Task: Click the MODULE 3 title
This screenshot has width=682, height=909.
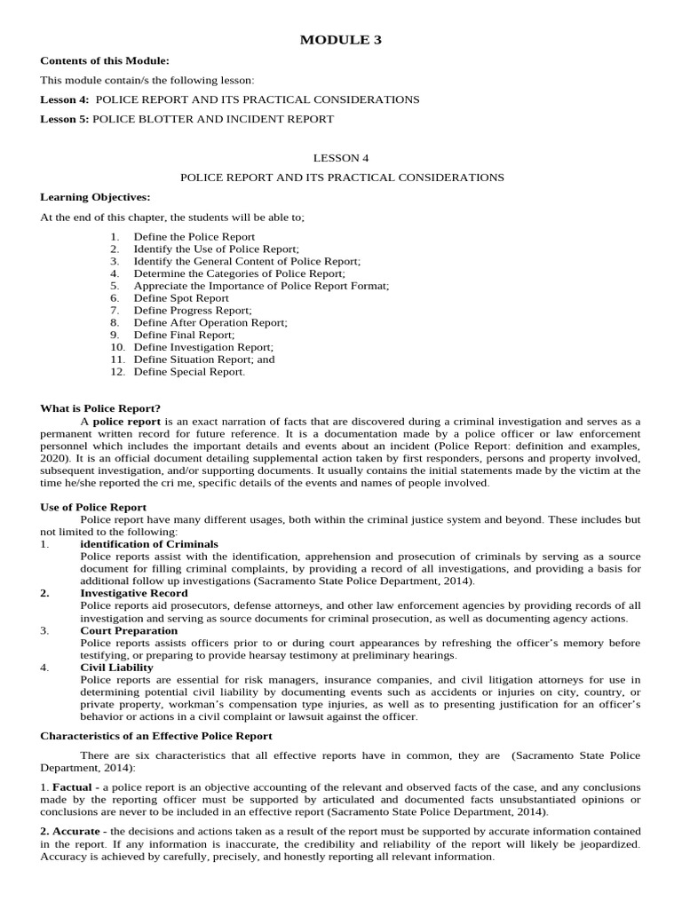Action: (340, 39)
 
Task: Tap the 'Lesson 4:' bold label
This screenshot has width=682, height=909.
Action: (65, 99)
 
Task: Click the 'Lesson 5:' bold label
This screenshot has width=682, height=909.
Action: (65, 119)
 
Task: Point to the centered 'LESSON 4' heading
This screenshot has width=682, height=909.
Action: (341, 158)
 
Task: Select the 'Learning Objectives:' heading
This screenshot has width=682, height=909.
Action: (95, 196)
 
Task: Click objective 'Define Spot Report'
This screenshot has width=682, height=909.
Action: (181, 299)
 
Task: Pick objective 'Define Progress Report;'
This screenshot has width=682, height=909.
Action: (193, 311)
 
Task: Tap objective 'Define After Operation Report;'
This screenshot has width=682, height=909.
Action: (210, 323)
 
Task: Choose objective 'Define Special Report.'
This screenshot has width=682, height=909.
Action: (189, 373)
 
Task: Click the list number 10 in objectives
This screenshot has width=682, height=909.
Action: (117, 348)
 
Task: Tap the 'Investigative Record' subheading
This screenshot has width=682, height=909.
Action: (133, 592)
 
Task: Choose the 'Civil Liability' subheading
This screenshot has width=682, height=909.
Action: (116, 667)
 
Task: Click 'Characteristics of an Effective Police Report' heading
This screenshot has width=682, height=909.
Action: (156, 736)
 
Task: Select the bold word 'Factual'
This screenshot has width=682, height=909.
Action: (71, 786)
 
